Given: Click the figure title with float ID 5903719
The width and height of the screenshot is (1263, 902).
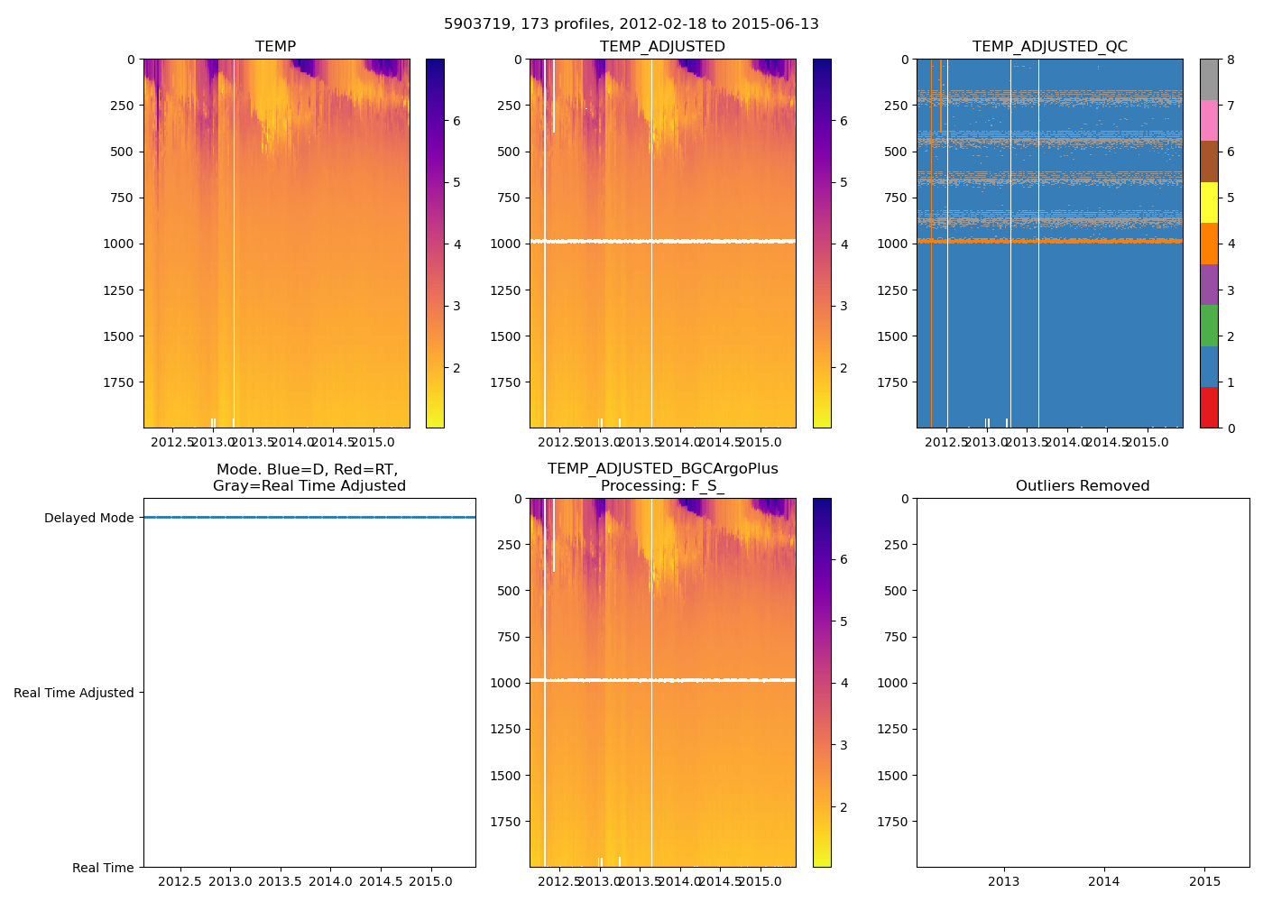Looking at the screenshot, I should [631, 24].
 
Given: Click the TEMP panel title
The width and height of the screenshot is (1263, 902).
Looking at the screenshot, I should [276, 46].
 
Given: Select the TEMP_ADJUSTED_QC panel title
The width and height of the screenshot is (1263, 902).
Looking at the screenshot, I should [1049, 46].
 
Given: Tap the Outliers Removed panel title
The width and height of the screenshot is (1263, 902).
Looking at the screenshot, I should [1083, 486].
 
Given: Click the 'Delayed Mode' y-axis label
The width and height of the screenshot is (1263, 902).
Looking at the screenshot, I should [88, 518].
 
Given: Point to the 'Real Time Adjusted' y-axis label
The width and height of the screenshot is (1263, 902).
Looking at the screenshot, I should [74, 693].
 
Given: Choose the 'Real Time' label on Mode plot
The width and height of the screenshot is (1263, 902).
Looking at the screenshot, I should [103, 868].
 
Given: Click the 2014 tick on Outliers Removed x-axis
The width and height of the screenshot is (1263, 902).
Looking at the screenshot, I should [1103, 881].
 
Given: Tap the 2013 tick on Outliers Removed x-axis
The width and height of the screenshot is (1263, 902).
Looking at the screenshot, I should [1003, 881].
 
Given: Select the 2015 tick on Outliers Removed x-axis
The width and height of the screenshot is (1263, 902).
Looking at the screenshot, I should [1204, 881].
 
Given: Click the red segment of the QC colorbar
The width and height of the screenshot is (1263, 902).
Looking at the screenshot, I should [1209, 408].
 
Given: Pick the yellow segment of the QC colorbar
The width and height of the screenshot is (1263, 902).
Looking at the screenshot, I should [1209, 202].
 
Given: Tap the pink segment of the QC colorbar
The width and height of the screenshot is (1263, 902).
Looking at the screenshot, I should [1209, 120].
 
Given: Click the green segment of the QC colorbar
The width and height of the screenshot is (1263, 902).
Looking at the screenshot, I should [1209, 326].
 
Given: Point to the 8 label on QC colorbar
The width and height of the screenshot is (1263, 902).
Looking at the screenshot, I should [1230, 60].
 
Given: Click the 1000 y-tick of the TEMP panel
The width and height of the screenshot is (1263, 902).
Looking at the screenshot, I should [117, 244].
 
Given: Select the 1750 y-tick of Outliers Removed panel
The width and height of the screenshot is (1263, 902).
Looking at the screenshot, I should [890, 822].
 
